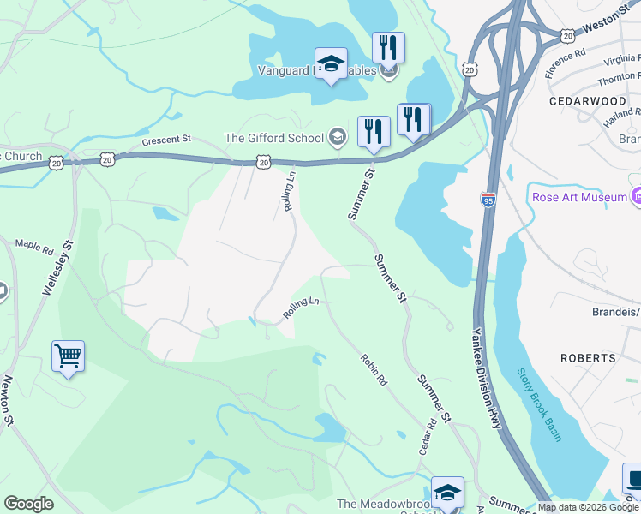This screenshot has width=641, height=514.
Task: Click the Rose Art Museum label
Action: pos(578,197)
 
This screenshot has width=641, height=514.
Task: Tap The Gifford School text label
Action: pos(273,138)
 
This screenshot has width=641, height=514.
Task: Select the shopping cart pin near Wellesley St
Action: pos(68,356)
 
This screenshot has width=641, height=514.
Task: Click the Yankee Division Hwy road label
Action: pos(486,377)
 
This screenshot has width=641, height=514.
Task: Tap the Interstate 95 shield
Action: pos(488,199)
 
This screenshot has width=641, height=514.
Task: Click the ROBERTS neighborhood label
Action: pos(588,357)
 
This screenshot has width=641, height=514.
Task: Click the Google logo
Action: pos(28,504)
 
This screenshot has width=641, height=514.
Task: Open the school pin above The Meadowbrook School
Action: pos(447,493)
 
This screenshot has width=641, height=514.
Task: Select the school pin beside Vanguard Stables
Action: pos(331,63)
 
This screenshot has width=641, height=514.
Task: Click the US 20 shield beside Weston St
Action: pos(567,35)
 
